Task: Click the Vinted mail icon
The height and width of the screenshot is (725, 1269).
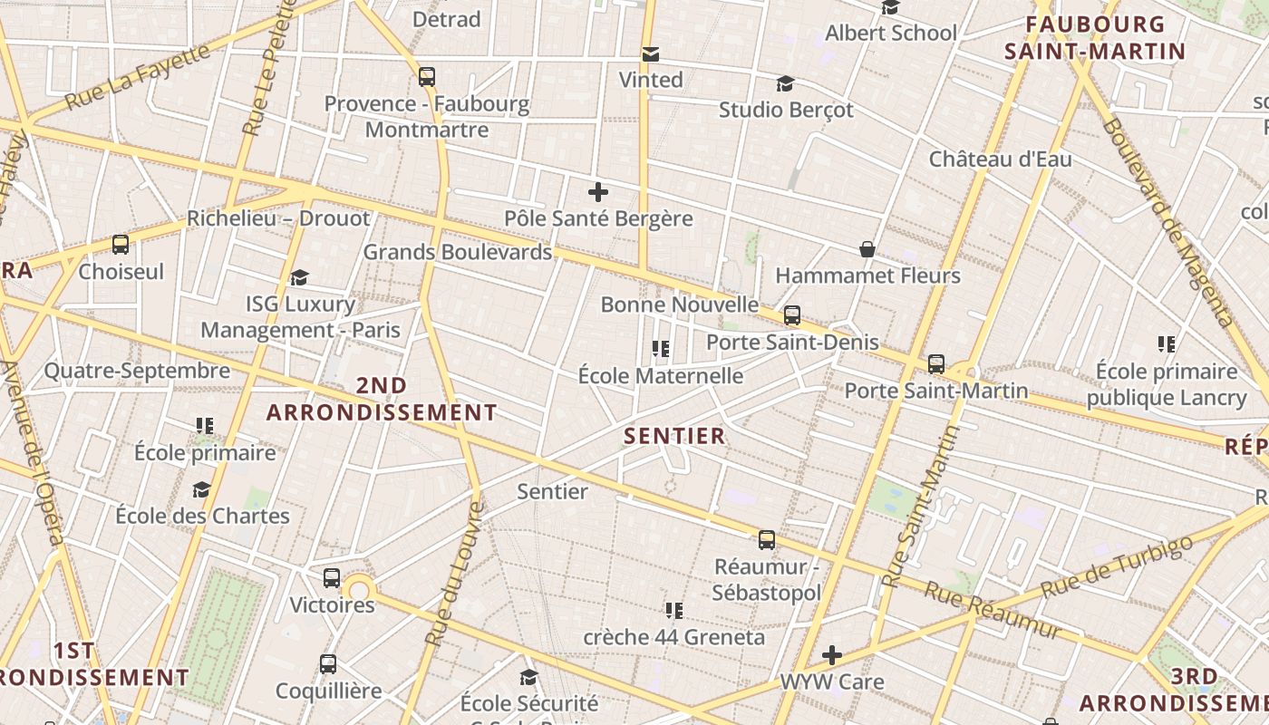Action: (x=650, y=54)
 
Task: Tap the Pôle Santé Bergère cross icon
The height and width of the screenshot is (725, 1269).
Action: (x=598, y=192)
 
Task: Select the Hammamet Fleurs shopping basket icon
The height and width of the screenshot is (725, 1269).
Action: (x=867, y=249)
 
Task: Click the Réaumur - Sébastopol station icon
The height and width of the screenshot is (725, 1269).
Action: (x=767, y=540)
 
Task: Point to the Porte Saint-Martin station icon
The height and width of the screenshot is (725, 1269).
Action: (x=936, y=364)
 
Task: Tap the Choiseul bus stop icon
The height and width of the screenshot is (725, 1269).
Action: (x=121, y=245)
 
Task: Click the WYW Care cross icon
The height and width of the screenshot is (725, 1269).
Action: (x=832, y=654)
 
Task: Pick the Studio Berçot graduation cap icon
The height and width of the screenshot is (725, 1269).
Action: (x=786, y=84)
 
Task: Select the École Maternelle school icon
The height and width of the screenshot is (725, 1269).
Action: (x=661, y=349)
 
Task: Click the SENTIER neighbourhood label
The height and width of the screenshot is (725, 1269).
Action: (x=675, y=436)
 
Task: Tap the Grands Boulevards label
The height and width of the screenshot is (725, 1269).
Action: (x=458, y=252)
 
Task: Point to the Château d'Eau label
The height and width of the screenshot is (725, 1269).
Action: (x=1000, y=159)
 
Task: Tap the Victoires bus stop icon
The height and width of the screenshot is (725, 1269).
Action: (x=332, y=578)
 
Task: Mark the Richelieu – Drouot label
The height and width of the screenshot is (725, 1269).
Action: (x=278, y=218)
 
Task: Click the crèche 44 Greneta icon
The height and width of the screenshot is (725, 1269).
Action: (x=673, y=611)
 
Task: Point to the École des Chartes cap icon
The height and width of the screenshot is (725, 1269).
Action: (x=201, y=490)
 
